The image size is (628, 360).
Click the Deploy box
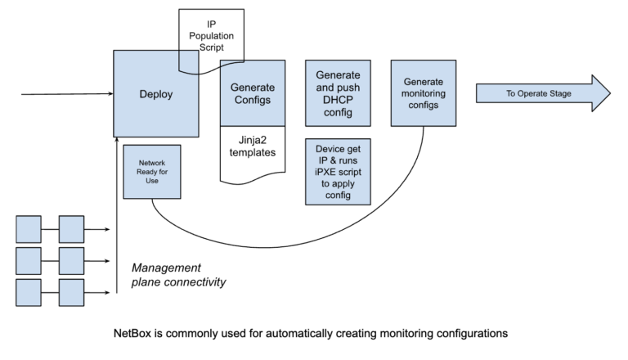155,93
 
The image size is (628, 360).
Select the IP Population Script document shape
212,37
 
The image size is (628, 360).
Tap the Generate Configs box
252,93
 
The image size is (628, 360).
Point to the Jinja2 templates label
252,146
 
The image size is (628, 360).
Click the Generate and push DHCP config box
337,92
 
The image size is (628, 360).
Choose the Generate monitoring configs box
424,92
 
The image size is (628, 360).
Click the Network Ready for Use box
151,172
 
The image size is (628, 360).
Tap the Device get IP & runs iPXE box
337,171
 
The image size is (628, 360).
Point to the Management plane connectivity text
178,275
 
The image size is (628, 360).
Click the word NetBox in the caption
132,334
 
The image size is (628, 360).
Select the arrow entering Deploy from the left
65,94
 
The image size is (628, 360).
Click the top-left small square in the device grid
29,229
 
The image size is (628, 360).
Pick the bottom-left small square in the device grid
29,292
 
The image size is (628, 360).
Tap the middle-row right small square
71,261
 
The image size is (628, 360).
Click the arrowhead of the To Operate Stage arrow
600,93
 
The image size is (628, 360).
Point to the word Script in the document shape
212,47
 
